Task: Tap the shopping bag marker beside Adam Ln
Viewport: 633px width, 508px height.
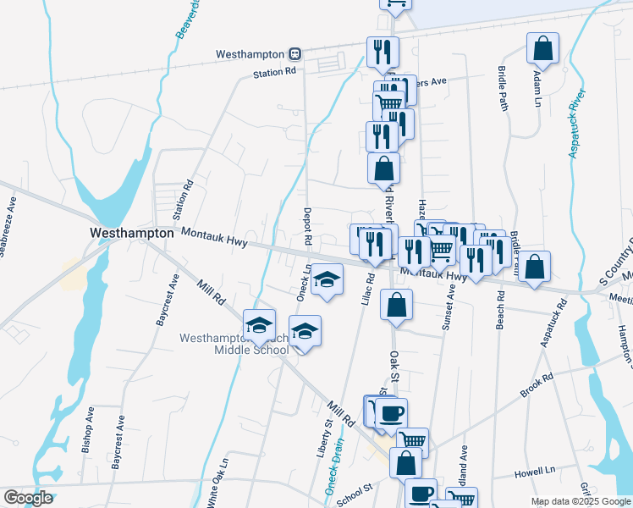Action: click(542, 50)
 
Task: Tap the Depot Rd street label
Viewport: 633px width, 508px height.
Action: click(308, 227)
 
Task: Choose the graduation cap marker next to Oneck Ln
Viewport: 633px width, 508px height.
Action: click(326, 280)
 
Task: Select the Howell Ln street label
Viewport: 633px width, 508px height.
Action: click(537, 469)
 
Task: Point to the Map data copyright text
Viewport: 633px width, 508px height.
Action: click(580, 501)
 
